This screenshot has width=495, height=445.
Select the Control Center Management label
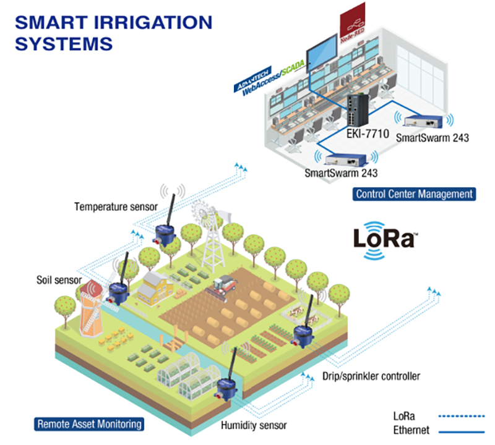[415, 194]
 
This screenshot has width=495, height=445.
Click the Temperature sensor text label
[116, 206]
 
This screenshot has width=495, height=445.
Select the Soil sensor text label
[59, 280]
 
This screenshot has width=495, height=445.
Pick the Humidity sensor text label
[254, 425]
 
